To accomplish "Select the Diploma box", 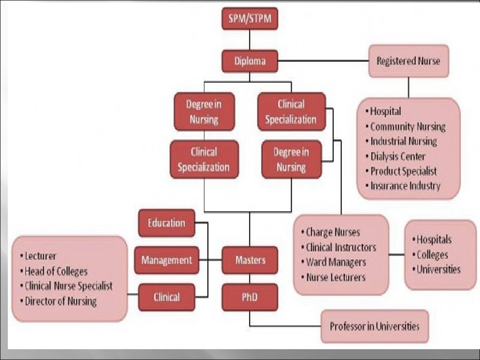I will (250, 61).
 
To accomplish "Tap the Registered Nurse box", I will (408, 61).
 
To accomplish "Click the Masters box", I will (250, 260).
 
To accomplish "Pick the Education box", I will (166, 223).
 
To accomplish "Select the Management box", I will (166, 260).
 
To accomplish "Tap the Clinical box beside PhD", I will (166, 296).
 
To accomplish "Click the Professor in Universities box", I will (374, 326).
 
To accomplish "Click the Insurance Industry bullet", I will (405, 185).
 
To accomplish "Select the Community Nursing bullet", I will (407, 127).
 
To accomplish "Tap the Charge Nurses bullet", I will (333, 232).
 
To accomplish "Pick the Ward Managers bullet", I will (336, 262).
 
